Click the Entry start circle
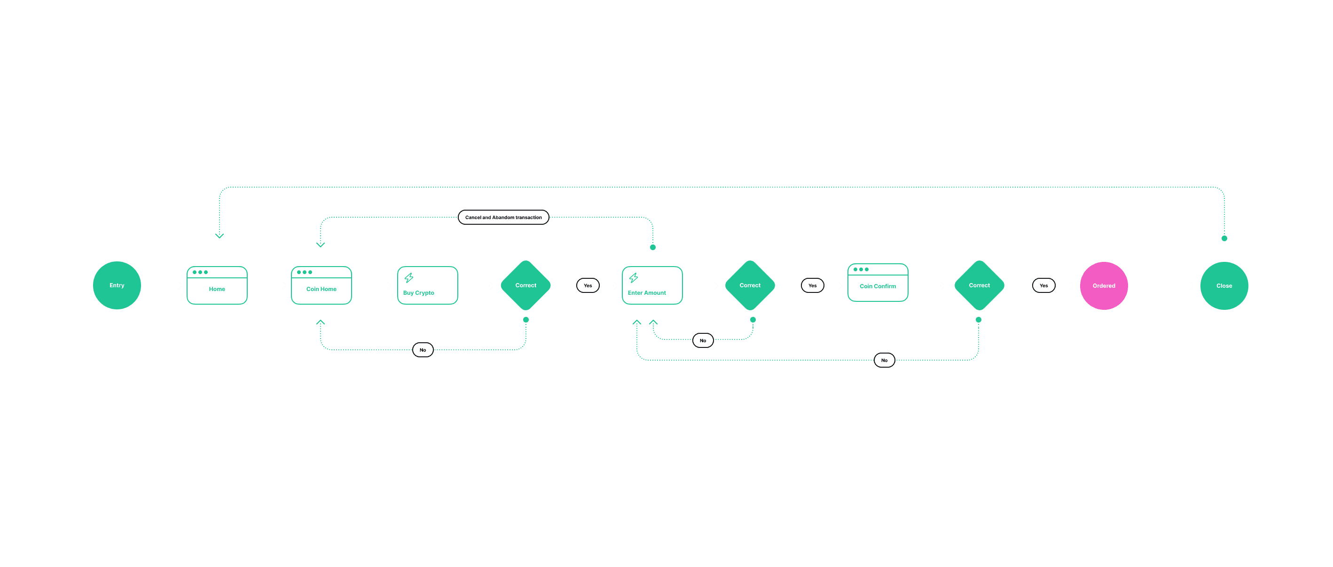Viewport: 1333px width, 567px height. (117, 285)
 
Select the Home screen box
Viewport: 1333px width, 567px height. (217, 285)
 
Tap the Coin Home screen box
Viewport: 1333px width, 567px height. (321, 285)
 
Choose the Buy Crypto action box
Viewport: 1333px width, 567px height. (427, 285)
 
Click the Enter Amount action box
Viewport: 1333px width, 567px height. (652, 285)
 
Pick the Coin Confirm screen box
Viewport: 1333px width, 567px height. (878, 283)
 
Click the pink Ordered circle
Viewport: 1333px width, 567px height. (1104, 286)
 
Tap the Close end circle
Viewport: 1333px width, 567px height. (1224, 286)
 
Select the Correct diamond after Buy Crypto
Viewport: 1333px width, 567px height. (526, 285)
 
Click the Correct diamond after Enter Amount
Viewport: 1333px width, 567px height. (750, 285)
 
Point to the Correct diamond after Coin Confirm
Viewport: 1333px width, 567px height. (979, 285)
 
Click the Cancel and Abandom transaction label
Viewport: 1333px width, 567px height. (503, 218)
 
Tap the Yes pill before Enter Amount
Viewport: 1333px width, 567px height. (588, 285)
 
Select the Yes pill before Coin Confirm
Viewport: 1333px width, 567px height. (812, 285)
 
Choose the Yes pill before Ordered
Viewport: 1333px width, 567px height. (1044, 285)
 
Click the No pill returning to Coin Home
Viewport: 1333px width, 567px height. (423, 350)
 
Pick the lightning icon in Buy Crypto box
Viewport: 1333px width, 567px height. (409, 277)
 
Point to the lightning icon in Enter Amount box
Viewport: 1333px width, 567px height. (634, 277)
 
